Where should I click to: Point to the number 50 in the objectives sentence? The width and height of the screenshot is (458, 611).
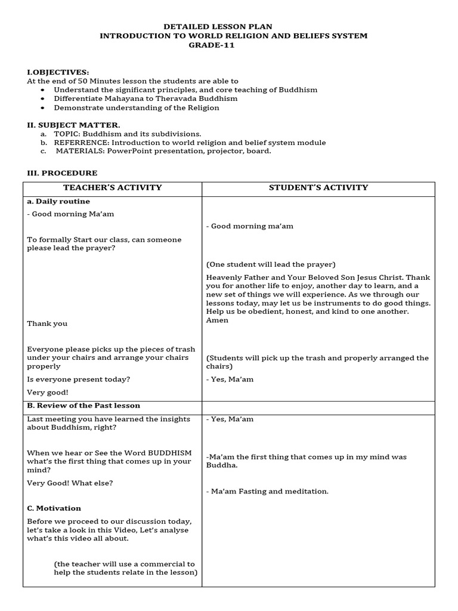85,81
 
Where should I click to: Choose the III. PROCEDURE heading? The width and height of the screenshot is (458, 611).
62,173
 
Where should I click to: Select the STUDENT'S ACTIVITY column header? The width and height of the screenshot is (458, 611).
318,187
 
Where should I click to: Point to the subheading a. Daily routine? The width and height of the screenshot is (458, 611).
58,202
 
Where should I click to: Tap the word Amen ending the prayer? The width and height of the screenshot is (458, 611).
217,320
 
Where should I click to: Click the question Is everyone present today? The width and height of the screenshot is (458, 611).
79,379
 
